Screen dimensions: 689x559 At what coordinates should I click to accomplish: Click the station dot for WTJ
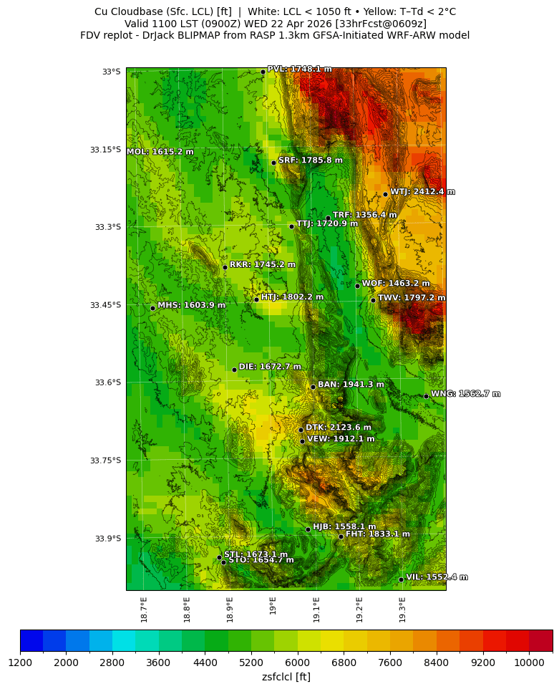pos(385,194)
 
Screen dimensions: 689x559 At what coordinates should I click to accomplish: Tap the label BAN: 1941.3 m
pos(351,385)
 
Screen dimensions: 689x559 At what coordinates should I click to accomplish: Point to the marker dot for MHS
pos(152,308)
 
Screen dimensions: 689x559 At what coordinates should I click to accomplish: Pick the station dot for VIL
pos(401,579)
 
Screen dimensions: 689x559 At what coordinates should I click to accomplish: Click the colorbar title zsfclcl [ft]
pos(286,677)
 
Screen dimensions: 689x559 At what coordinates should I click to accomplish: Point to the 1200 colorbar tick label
pos(20,662)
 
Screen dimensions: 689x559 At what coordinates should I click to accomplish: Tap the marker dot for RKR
pos(225,267)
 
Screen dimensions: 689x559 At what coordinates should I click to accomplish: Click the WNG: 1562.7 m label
pos(465,394)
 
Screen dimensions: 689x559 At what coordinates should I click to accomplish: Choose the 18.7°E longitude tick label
pos(144,609)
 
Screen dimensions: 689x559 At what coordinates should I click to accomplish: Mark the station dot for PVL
pos(263,72)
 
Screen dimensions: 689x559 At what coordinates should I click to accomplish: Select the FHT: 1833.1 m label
pos(378,534)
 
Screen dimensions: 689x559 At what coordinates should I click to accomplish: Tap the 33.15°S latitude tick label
pos(105,150)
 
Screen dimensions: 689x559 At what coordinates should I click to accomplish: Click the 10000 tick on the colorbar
pos(530,662)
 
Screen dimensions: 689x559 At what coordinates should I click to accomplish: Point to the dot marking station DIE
pos(234,370)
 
